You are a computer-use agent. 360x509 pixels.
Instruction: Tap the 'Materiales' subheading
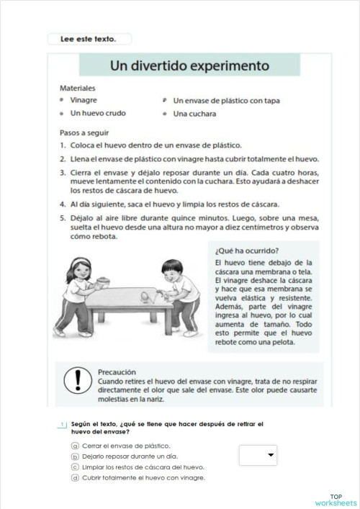(x=79, y=89)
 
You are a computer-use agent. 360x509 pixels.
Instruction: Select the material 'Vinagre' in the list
(x=85, y=101)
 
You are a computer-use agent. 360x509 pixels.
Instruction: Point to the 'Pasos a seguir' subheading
(x=86, y=133)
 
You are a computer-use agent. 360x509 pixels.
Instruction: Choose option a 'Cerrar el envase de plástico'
(x=120, y=446)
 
